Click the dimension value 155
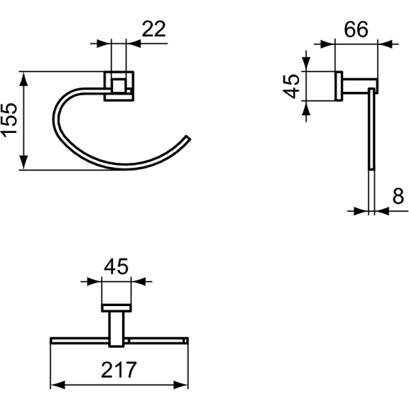pos(10,120)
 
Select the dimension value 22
pos(153,29)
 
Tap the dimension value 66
pos(356,29)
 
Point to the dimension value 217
pos(119,370)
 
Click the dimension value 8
pos(398,196)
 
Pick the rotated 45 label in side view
pos(291,87)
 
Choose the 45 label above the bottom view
pos(116,267)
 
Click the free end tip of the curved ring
pos(188,138)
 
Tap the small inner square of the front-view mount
pos(119,85)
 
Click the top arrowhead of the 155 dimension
pos(24,79)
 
